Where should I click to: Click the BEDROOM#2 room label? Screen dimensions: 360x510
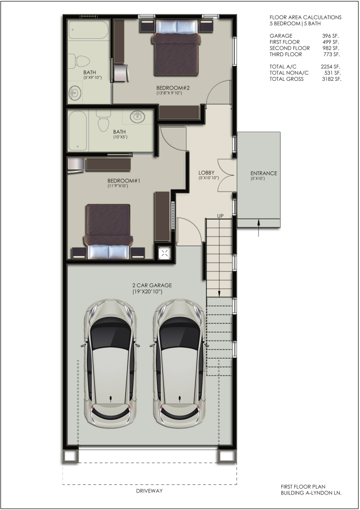173,88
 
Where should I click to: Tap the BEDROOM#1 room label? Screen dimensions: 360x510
123,180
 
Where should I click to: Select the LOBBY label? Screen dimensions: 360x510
207,173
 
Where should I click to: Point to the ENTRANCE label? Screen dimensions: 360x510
264,173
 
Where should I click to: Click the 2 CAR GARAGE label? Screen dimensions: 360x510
152,285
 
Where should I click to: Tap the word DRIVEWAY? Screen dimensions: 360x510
149,491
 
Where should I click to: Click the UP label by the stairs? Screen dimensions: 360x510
221,216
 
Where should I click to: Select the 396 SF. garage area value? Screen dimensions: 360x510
330,36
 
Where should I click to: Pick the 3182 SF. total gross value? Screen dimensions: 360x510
331,79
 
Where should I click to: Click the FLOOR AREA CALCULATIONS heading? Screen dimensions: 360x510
305,17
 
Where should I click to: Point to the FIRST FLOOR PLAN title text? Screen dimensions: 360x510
303,487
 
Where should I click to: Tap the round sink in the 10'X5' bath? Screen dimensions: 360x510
137,117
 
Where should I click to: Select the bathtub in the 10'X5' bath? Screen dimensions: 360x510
78,131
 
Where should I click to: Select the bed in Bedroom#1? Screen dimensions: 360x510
108,232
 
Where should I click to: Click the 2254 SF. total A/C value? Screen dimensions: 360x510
330,67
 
